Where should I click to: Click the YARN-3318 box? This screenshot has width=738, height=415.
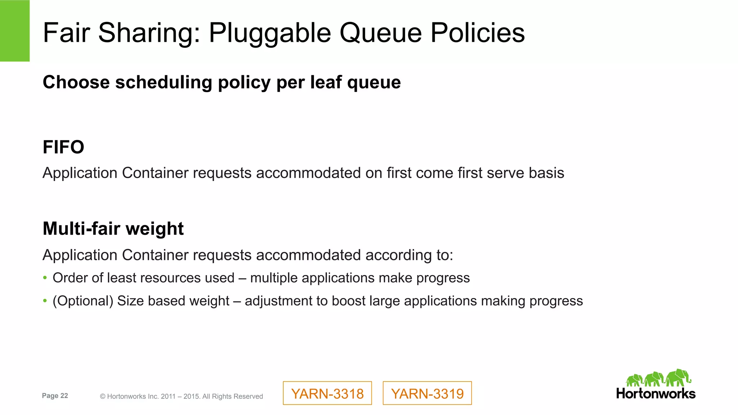[327, 393]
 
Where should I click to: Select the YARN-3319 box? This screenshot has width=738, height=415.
[427, 393]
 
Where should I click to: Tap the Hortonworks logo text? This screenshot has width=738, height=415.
[655, 393]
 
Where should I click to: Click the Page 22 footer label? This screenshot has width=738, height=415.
[55, 396]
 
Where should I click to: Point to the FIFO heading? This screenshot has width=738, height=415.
[63, 147]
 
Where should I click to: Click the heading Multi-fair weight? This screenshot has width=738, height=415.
[113, 229]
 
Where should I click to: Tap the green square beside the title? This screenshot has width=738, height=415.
[15, 31]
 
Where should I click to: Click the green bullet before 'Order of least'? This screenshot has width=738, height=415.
[45, 278]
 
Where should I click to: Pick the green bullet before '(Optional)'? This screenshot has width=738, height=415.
[45, 301]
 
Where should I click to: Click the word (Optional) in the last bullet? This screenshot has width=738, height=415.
[83, 301]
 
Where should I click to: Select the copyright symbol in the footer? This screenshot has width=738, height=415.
[103, 397]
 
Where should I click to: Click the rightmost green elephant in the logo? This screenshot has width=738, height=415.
[678, 378]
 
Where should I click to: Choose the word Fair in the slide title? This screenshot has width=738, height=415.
[66, 33]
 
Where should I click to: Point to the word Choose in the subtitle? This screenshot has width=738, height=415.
[76, 82]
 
